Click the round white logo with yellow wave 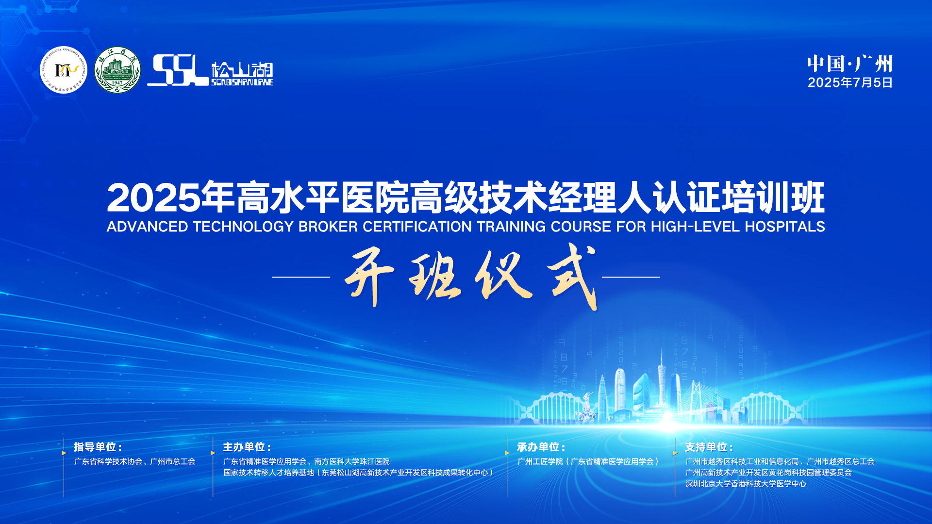click(64, 70)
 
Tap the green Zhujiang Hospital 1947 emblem click(117, 70)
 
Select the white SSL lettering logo click(178, 70)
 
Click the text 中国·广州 click(849, 64)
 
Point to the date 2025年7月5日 click(850, 82)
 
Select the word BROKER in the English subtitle click(328, 227)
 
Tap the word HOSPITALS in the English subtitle click(785, 227)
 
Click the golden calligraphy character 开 click(369, 277)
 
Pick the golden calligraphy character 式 click(573, 276)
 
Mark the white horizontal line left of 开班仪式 click(301, 277)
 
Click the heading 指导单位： click(98, 447)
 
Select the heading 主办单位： click(247, 447)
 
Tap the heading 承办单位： click(541, 447)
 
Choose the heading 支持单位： click(709, 447)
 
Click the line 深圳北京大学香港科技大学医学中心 click(746, 484)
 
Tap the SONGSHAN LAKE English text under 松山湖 click(242, 82)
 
